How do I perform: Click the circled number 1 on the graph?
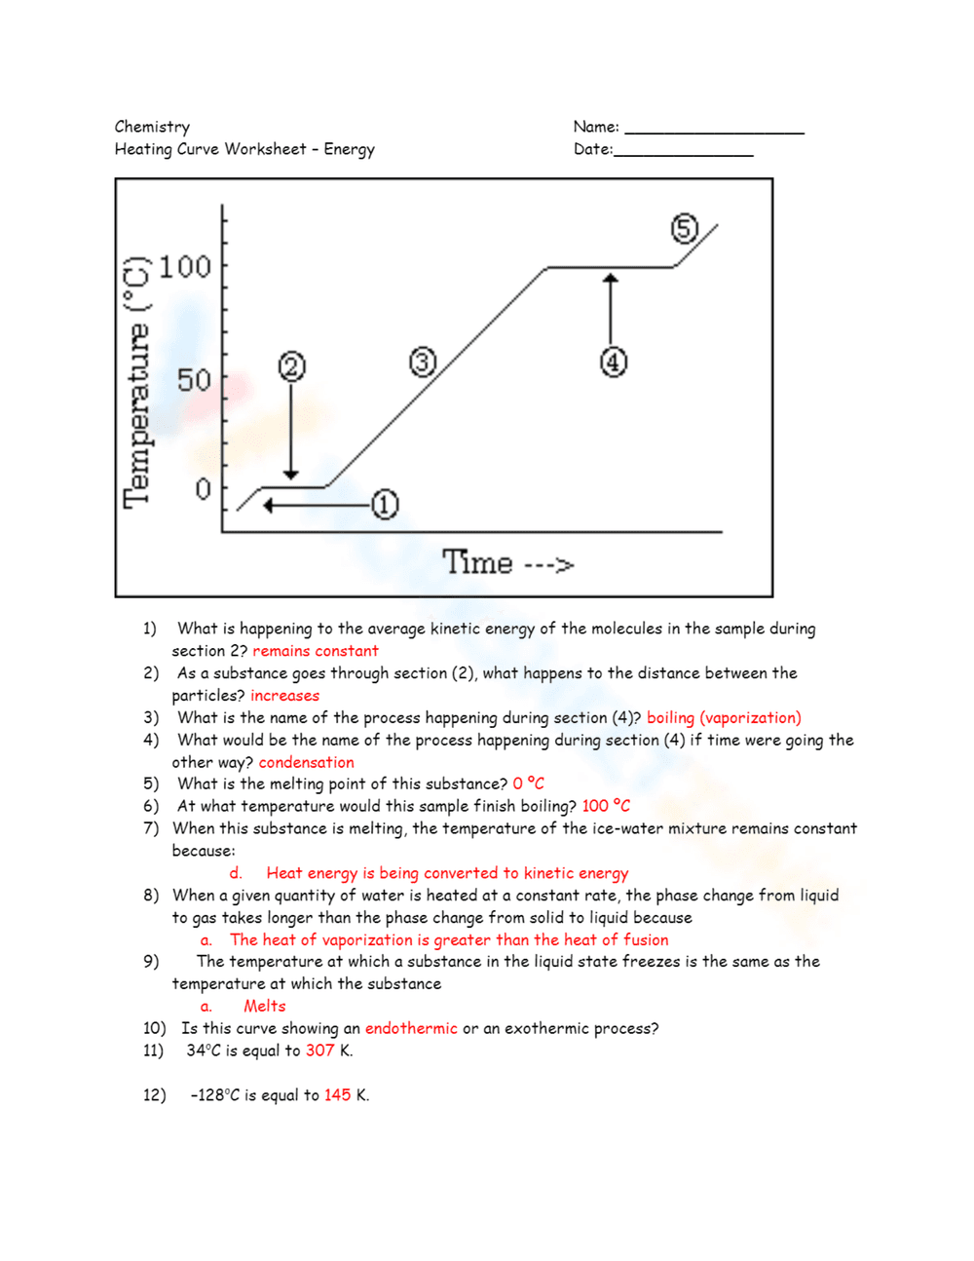tap(385, 505)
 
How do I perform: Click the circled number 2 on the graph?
tap(292, 366)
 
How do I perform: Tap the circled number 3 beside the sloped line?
tap(422, 363)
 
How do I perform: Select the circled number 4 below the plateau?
tap(613, 363)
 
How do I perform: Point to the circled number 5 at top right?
tap(685, 228)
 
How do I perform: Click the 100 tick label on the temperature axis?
tap(184, 266)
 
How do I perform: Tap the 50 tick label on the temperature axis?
tap(194, 380)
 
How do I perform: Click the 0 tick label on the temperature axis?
tap(203, 488)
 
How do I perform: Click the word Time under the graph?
tap(477, 562)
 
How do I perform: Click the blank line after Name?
tap(714, 132)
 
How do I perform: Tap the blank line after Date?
tap(683, 154)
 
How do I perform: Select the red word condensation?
tap(306, 762)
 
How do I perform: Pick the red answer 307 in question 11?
tap(319, 1051)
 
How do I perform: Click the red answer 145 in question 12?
tap(337, 1095)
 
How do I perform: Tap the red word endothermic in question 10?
tap(410, 1028)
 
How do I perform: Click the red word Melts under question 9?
tap(265, 1006)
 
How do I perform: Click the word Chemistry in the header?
tap(152, 127)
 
